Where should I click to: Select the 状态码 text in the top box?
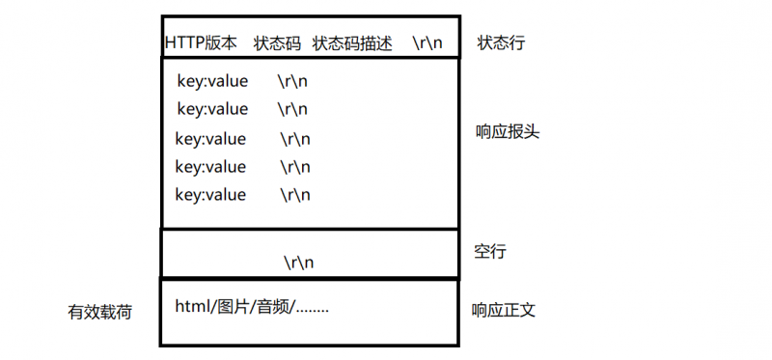(x=277, y=43)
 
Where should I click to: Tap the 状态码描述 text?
(x=352, y=43)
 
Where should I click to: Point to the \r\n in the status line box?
(x=427, y=43)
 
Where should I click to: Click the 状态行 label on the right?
(x=502, y=43)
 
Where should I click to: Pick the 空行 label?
(x=490, y=252)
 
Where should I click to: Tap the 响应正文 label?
(x=503, y=310)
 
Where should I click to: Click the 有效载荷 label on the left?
(x=99, y=312)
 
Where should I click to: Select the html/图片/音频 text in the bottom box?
(x=252, y=307)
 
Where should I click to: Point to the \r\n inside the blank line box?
(x=299, y=262)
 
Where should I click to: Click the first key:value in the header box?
(x=212, y=80)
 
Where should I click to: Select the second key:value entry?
(x=212, y=108)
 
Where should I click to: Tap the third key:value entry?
(x=210, y=138)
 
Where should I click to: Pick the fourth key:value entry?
(x=210, y=166)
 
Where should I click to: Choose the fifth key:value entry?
(x=210, y=194)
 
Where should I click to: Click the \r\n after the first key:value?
(x=292, y=80)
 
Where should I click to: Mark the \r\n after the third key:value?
(x=295, y=138)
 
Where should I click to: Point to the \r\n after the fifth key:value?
(x=295, y=194)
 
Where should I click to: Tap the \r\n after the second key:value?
(x=292, y=108)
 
